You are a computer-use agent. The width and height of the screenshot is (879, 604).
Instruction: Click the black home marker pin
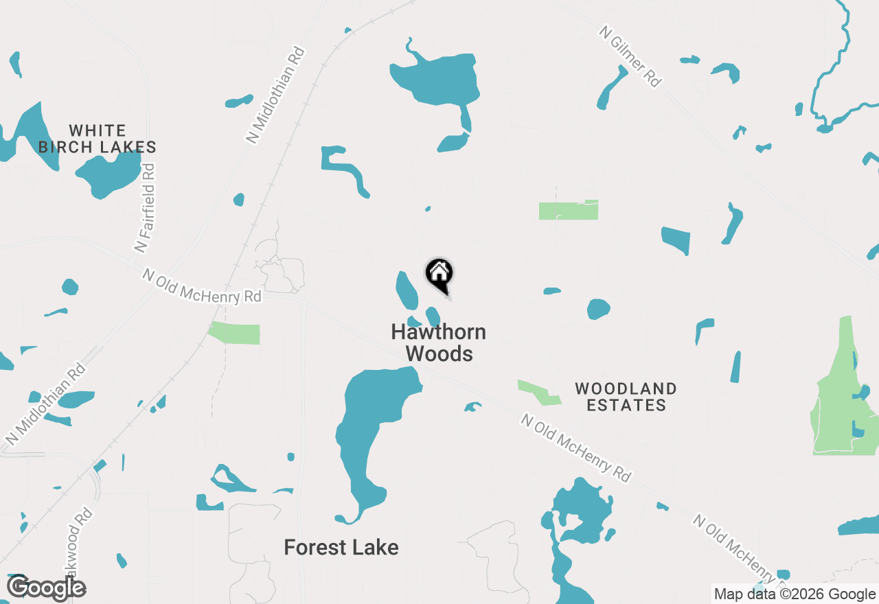pyautogui.click(x=439, y=275)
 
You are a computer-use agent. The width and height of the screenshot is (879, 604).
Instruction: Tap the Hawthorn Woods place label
pyautogui.click(x=439, y=342)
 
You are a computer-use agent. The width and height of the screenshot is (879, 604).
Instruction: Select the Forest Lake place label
pyautogui.click(x=341, y=548)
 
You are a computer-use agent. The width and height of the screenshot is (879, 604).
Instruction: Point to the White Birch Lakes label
pyautogui.click(x=98, y=139)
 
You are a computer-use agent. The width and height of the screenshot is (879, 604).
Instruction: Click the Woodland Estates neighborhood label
pyautogui.click(x=626, y=397)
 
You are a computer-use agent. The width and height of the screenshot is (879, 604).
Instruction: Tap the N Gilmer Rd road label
pyautogui.click(x=630, y=57)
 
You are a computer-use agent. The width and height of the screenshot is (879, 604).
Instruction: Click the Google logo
pyautogui.click(x=46, y=588)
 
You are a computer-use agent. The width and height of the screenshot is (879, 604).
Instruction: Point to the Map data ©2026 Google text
pyautogui.click(x=795, y=594)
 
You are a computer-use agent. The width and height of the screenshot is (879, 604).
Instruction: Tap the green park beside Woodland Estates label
pyautogui.click(x=538, y=391)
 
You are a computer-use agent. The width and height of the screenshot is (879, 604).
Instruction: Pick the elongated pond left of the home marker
pyautogui.click(x=406, y=290)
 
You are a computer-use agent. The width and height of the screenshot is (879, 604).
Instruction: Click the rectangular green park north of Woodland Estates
pyautogui.click(x=568, y=210)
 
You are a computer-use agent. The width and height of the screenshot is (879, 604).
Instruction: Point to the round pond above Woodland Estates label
pyautogui.click(x=598, y=309)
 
